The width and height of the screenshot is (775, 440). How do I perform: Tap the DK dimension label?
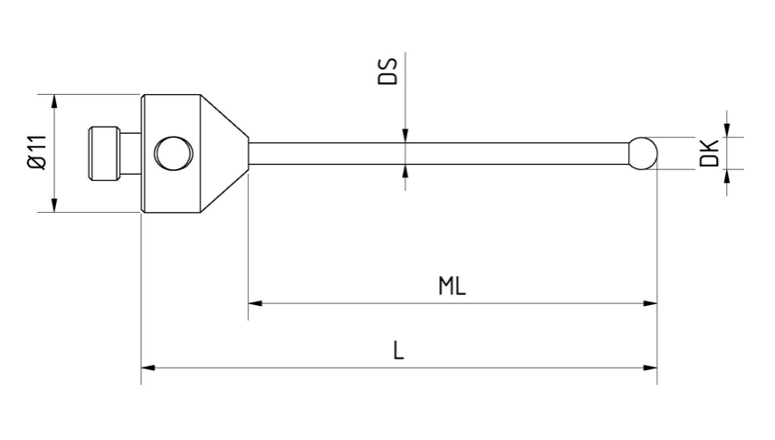click(x=710, y=152)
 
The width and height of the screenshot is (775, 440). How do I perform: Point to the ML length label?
click(x=452, y=287)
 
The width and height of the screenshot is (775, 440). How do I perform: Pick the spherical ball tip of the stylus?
click(x=642, y=152)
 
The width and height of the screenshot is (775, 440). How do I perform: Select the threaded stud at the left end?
click(x=105, y=152)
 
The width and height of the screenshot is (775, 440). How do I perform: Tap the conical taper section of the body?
click(x=225, y=152)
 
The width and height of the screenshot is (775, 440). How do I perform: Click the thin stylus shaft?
click(x=435, y=152)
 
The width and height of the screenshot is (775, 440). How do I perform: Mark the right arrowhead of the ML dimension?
click(x=650, y=303)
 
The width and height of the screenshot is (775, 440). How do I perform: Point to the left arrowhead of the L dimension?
click(x=148, y=368)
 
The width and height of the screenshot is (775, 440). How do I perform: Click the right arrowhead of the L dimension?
click(x=650, y=368)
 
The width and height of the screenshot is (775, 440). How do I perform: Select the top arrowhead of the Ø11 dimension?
click(x=56, y=99)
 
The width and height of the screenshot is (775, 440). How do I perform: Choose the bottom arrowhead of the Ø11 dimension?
click(x=56, y=206)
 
